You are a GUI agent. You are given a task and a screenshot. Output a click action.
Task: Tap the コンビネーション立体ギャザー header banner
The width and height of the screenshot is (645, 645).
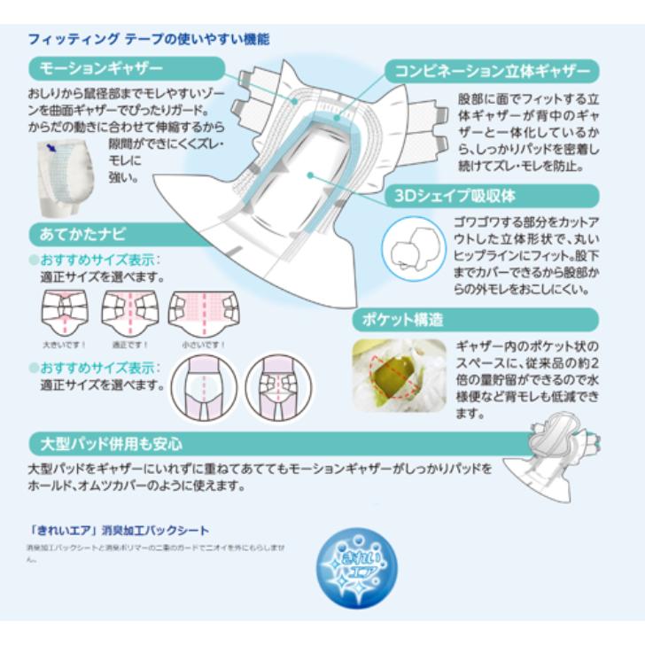[x=494, y=71]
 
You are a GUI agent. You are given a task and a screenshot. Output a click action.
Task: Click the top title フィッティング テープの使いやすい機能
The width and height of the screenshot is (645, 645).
[x=149, y=39]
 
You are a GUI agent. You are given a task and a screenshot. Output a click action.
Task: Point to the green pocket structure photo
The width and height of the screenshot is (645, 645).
[x=399, y=375]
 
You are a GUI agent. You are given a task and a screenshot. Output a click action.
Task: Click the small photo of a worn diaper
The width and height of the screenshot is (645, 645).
[x=66, y=183]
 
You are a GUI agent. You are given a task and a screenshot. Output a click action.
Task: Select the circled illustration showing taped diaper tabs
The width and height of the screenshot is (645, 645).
[x=278, y=387]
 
